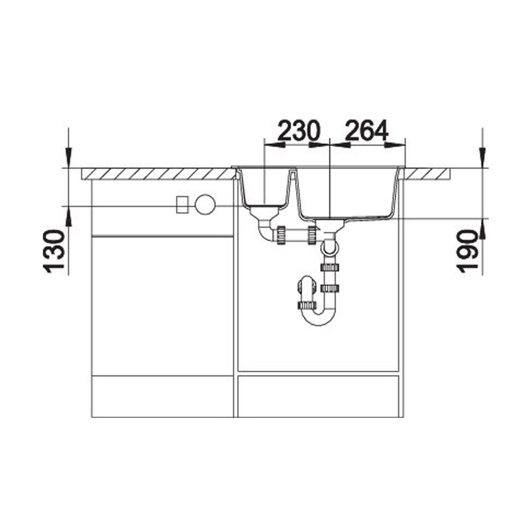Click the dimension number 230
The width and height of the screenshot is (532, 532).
point(299,130)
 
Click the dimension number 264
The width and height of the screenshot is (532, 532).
point(366,130)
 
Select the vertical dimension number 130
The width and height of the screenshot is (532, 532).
point(54,252)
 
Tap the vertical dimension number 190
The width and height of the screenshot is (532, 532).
point(467,252)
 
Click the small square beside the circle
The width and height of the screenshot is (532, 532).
point(182,204)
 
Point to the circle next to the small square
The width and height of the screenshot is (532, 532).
point(205,204)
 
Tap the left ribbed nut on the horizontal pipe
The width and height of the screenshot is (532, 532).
point(281,235)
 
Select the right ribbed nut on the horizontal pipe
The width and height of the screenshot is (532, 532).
point(312,235)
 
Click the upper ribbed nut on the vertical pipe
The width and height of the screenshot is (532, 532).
point(329,267)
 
